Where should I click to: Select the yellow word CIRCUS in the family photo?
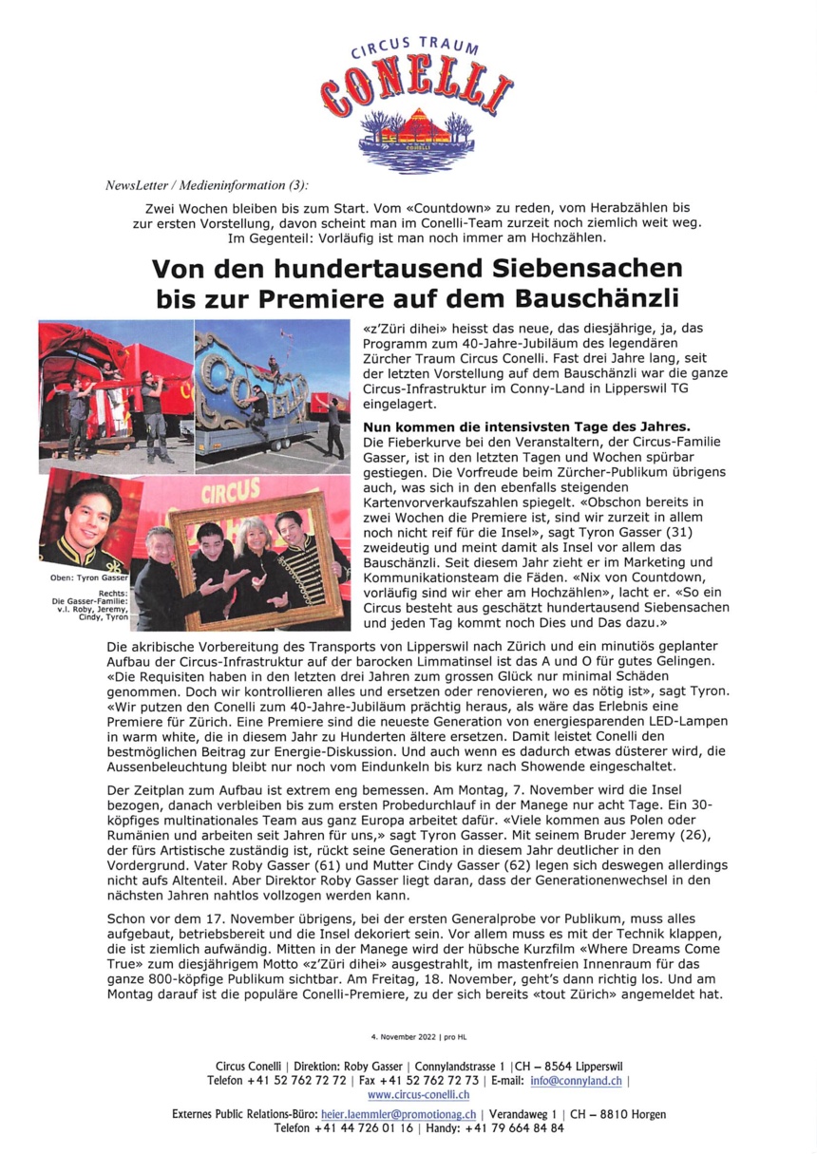pyautogui.click(x=231, y=491)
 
